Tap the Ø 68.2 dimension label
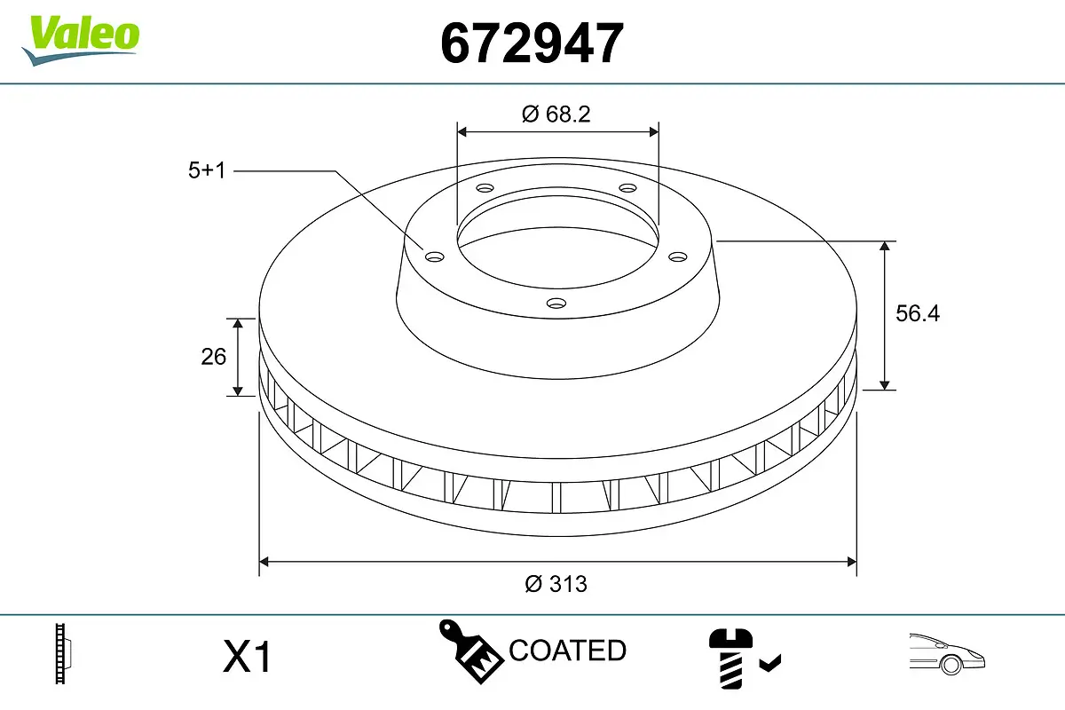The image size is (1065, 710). (x=556, y=114)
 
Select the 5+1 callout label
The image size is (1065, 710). (x=207, y=170)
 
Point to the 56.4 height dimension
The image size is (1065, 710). (x=917, y=313)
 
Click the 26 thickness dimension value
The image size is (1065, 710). (x=214, y=357)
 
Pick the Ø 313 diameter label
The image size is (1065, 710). (x=556, y=583)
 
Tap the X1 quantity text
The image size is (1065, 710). (x=247, y=659)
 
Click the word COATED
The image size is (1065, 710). (x=567, y=651)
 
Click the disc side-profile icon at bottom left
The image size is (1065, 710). (x=63, y=654)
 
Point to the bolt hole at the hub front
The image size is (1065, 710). (x=556, y=304)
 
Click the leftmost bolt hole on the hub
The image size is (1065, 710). (x=434, y=256)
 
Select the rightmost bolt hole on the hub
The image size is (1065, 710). (x=678, y=256)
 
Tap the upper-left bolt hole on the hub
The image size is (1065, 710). (x=484, y=188)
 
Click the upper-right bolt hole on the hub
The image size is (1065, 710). (x=627, y=188)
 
